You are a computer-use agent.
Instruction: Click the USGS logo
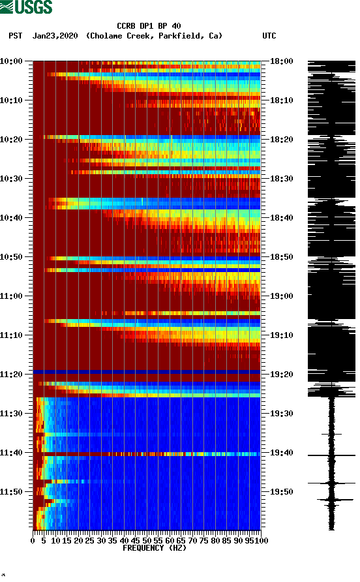[x=26, y=7]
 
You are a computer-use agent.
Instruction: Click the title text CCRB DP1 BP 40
[x=149, y=26]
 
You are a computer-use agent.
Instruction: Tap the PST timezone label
[x=16, y=36]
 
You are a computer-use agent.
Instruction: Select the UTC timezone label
[x=269, y=36]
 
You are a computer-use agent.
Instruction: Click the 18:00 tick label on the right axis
[x=281, y=61]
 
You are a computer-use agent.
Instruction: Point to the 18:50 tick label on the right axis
[x=281, y=256]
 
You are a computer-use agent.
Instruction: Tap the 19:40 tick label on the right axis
[x=281, y=452]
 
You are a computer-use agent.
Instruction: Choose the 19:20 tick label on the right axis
[x=281, y=374]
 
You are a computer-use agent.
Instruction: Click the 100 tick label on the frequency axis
[x=262, y=540]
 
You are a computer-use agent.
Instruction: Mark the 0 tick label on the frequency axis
[x=33, y=540]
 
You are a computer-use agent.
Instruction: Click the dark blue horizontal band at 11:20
[x=147, y=372]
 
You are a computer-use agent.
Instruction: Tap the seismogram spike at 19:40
[x=331, y=455]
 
